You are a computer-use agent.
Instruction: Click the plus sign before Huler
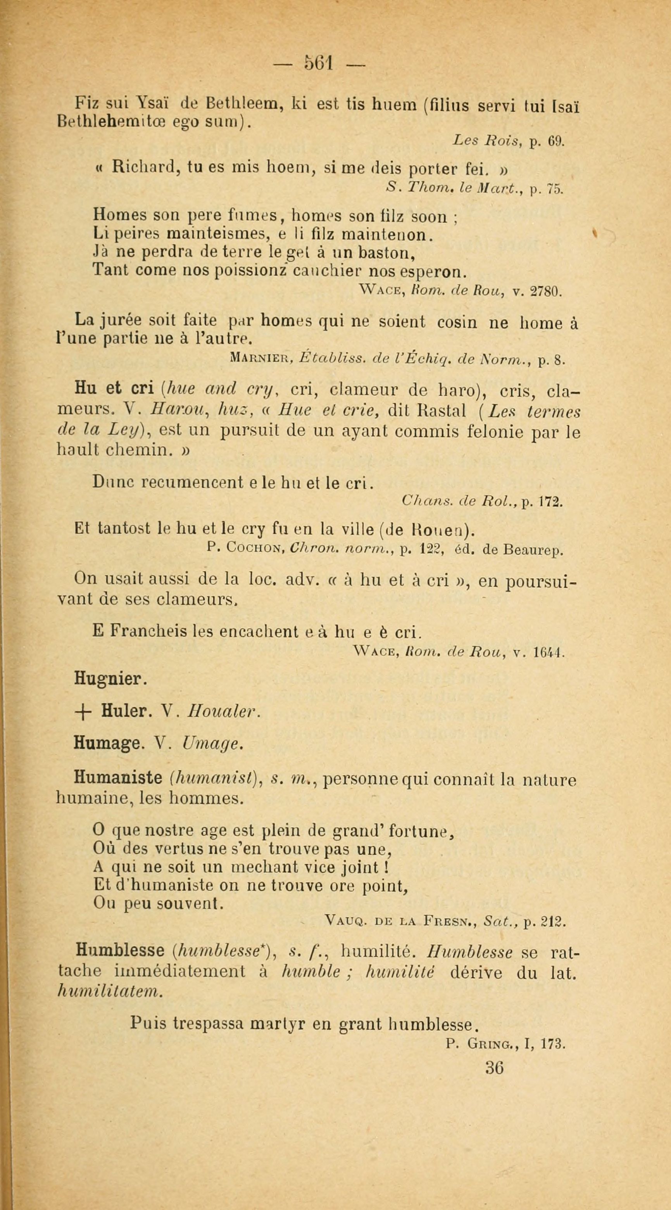coord(82,712)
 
